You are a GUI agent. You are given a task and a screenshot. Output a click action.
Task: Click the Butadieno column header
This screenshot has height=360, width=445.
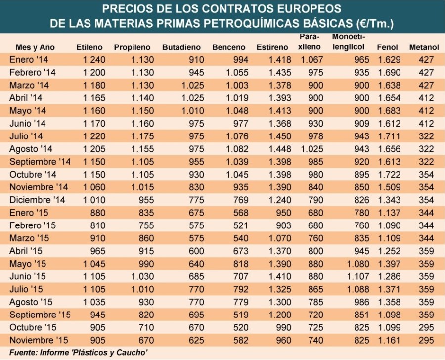pyautogui.click(x=181, y=47)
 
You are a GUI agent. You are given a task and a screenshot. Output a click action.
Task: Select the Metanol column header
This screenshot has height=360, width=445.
pyautogui.click(x=424, y=47)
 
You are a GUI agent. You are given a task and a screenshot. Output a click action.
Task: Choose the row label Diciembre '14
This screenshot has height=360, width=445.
pyautogui.click(x=37, y=200)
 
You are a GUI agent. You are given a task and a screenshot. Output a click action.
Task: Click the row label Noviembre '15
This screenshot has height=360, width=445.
pyautogui.click(x=38, y=340)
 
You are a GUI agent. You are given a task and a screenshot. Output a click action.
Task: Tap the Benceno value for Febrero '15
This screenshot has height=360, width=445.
pyautogui.click(x=235, y=225)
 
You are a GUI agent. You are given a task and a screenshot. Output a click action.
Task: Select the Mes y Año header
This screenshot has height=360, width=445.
pyautogui.click(x=35, y=47)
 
